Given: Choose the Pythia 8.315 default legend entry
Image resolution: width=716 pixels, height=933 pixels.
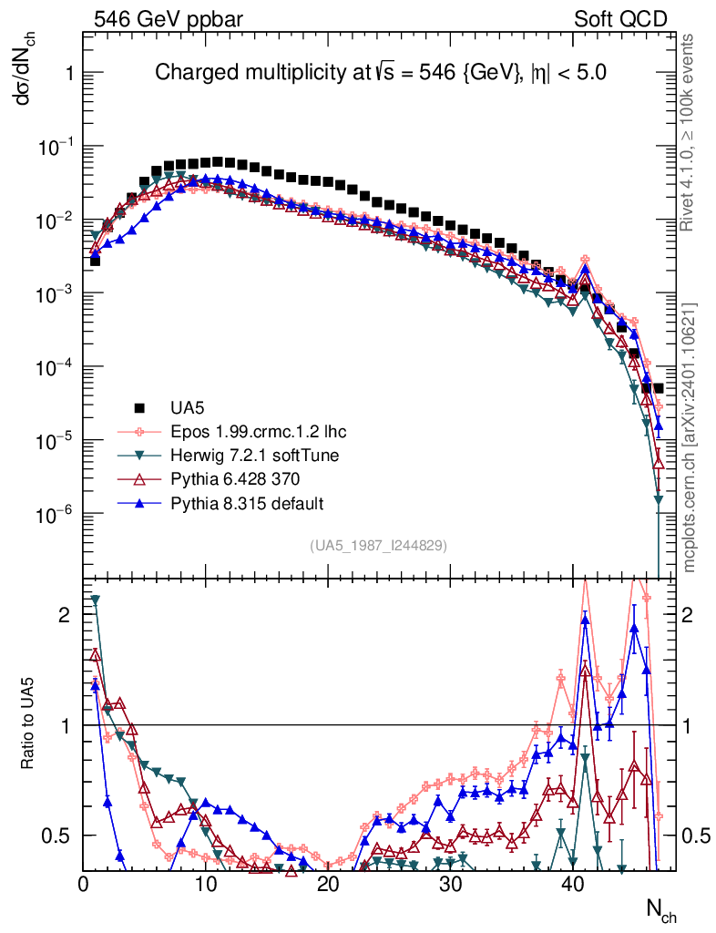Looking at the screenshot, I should tap(234, 502).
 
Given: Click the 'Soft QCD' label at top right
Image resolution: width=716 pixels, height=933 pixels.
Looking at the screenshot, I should tap(620, 18).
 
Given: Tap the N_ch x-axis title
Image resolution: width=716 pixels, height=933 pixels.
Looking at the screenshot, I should tap(661, 907).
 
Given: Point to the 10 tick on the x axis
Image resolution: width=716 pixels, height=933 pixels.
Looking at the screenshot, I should tap(205, 884).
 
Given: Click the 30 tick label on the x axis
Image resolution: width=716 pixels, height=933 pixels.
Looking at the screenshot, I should tap(450, 884).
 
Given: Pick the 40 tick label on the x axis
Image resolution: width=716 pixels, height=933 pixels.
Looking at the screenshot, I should tap(572, 884).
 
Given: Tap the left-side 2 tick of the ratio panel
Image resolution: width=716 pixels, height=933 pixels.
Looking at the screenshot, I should tap(64, 615).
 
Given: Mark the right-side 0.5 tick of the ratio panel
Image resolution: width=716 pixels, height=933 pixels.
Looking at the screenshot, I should tap(697, 836).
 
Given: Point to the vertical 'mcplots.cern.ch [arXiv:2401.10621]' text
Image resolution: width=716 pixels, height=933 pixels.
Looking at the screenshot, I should tap(690, 437).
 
